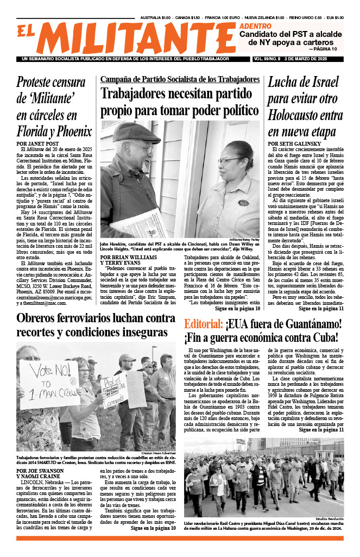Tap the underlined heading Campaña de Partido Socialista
point(180,79)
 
